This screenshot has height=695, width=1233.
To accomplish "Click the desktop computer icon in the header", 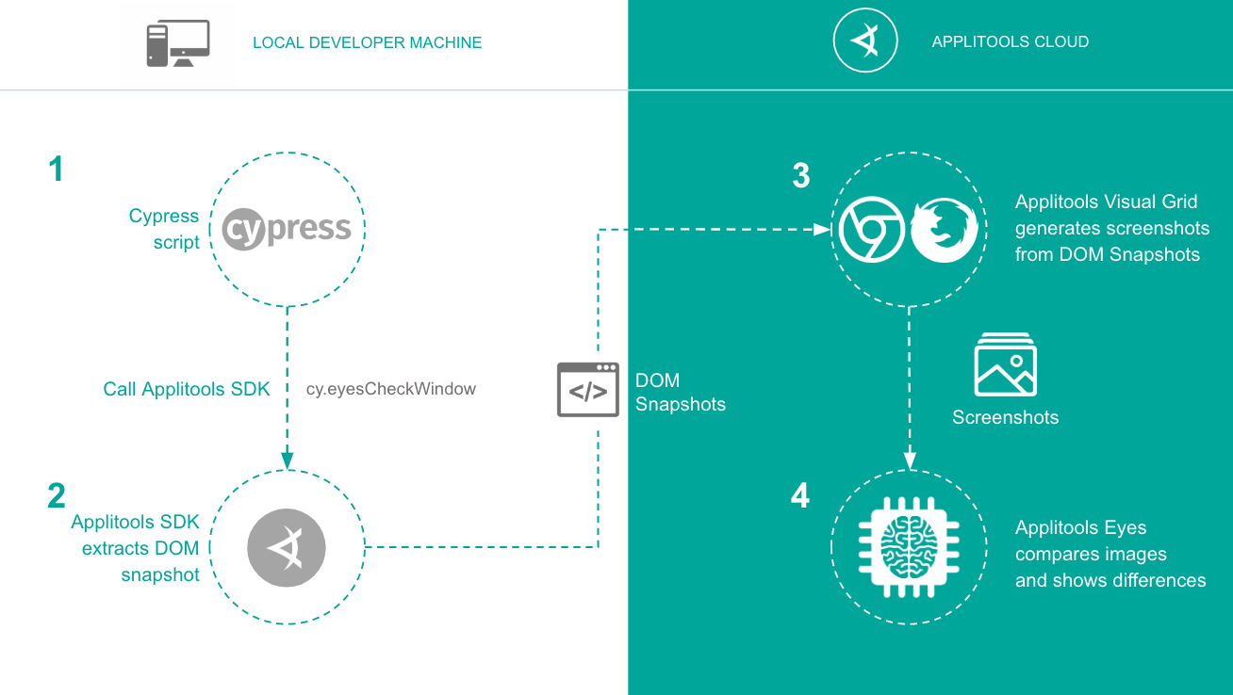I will [x=177, y=43].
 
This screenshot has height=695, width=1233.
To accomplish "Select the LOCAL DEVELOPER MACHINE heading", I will [x=367, y=43].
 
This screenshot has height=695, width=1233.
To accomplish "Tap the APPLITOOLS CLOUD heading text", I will [x=1010, y=41].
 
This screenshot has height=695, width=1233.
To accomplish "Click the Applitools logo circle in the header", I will [x=864, y=41].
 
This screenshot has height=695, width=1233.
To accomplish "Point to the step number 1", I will [x=57, y=170].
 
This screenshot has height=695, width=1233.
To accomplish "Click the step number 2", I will [x=57, y=495].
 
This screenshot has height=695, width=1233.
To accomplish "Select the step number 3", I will [x=800, y=175].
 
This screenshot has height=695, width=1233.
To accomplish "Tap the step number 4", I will [x=800, y=495].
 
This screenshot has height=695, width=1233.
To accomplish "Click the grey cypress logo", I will [x=287, y=229].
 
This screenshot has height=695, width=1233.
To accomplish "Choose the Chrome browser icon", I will [x=872, y=230].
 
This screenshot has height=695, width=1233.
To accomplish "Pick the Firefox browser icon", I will [x=944, y=230].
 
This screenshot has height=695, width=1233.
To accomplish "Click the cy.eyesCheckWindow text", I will [x=391, y=389].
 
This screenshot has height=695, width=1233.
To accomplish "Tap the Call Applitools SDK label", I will [x=187, y=389].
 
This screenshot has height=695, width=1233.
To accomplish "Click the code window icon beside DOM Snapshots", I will [x=588, y=389].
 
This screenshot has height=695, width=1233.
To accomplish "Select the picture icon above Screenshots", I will [x=1005, y=364].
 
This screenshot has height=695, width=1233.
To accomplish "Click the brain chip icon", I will [x=909, y=545].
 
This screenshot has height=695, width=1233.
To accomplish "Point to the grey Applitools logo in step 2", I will [x=287, y=547].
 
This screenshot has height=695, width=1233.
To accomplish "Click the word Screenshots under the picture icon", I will [x=1005, y=417].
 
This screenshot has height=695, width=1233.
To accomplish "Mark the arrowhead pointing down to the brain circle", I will [x=910, y=461].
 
